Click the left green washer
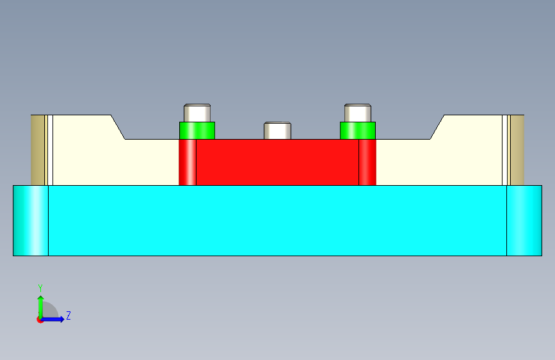tap(197, 131)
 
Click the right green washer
tap(357, 131)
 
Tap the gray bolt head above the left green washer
tap(197, 112)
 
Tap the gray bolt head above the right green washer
tap(358, 112)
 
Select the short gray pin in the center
tap(278, 131)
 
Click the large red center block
tap(277, 162)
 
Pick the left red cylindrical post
tap(188, 162)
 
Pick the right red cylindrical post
tap(367, 162)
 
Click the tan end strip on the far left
tap(38, 149)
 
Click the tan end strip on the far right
tap(517, 149)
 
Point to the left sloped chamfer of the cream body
tap(118, 127)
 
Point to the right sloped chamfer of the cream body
tap(437, 127)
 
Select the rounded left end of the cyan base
tap(31, 220)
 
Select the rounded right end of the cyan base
tap(524, 220)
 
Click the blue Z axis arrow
tap(55, 319)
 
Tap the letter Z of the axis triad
tap(68, 316)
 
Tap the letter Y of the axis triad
tap(40, 288)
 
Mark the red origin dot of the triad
tap(40, 320)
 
